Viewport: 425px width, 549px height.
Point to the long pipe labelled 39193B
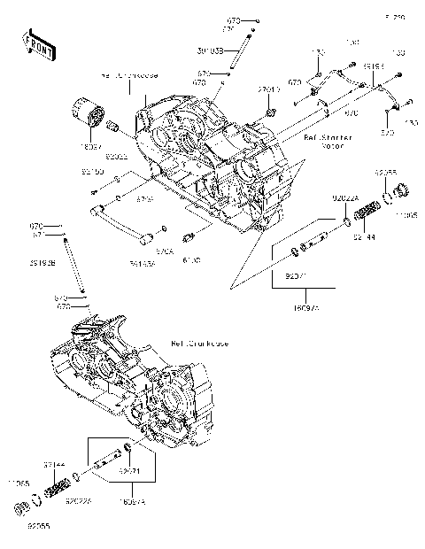pos(74,266)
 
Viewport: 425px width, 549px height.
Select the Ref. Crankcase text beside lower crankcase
pos(196,342)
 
